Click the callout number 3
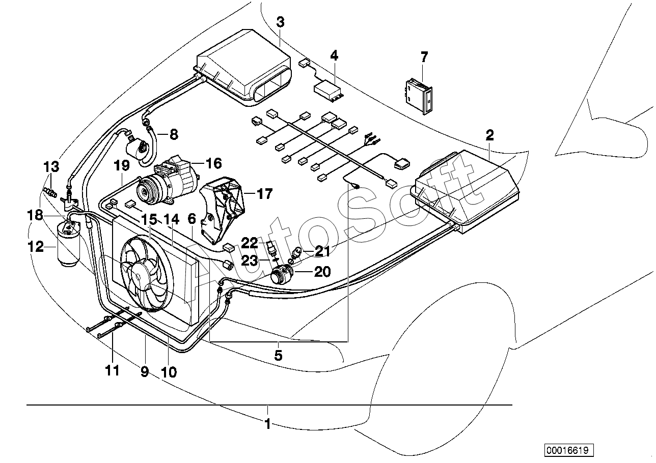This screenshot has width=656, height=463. coord(280,22)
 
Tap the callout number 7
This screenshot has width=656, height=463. coord(424,57)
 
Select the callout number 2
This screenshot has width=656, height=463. coord(489,135)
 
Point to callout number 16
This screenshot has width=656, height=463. coord(214,163)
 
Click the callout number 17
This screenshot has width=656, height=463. coord(265,194)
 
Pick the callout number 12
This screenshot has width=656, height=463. coord(36,247)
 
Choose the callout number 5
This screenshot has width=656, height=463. coord(278,355)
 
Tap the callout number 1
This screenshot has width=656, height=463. coord(267,424)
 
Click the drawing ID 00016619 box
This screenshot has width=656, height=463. coord(569,450)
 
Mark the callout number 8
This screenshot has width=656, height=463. coord(174,134)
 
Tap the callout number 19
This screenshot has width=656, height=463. coord(122,166)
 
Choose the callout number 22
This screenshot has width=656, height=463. coord(250,243)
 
